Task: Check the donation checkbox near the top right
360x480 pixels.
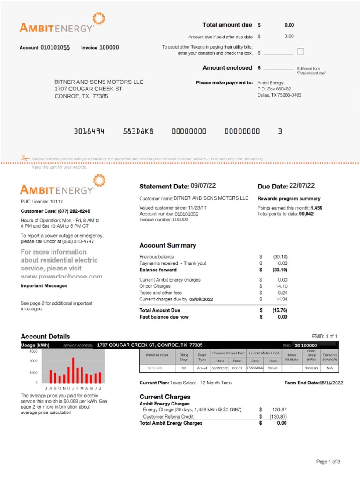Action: [x=300, y=52]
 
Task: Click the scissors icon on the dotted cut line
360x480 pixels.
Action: [x=24, y=158]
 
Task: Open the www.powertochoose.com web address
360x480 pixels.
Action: [x=61, y=277]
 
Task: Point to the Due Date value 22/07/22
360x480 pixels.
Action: [x=302, y=186]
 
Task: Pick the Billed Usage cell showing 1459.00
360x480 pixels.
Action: [x=311, y=368]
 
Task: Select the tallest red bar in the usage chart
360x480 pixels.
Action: [x=73, y=370]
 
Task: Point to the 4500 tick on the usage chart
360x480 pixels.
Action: [x=33, y=351]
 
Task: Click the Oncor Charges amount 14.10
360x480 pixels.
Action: [x=281, y=286]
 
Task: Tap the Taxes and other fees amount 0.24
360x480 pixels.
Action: [x=282, y=292]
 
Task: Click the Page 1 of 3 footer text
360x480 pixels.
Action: [x=328, y=462]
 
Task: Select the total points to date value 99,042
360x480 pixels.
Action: [x=306, y=214]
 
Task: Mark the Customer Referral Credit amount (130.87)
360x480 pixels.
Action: [x=277, y=416]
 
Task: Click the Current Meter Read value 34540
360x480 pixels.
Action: [x=273, y=368]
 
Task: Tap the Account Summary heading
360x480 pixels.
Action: [x=168, y=245]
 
